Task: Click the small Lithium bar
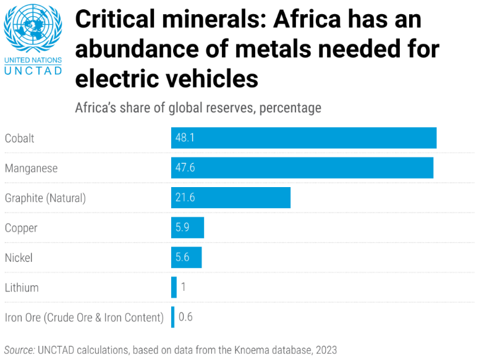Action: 174,287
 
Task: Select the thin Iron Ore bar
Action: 173,317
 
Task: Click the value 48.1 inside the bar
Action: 185,138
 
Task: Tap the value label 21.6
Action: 185,198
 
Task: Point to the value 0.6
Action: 185,317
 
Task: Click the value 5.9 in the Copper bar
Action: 182,227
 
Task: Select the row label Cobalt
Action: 20,138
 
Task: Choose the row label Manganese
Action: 31,168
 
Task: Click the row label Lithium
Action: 22,288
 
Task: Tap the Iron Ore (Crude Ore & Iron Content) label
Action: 84,318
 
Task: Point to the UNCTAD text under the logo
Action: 33,71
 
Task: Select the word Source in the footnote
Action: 19,350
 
